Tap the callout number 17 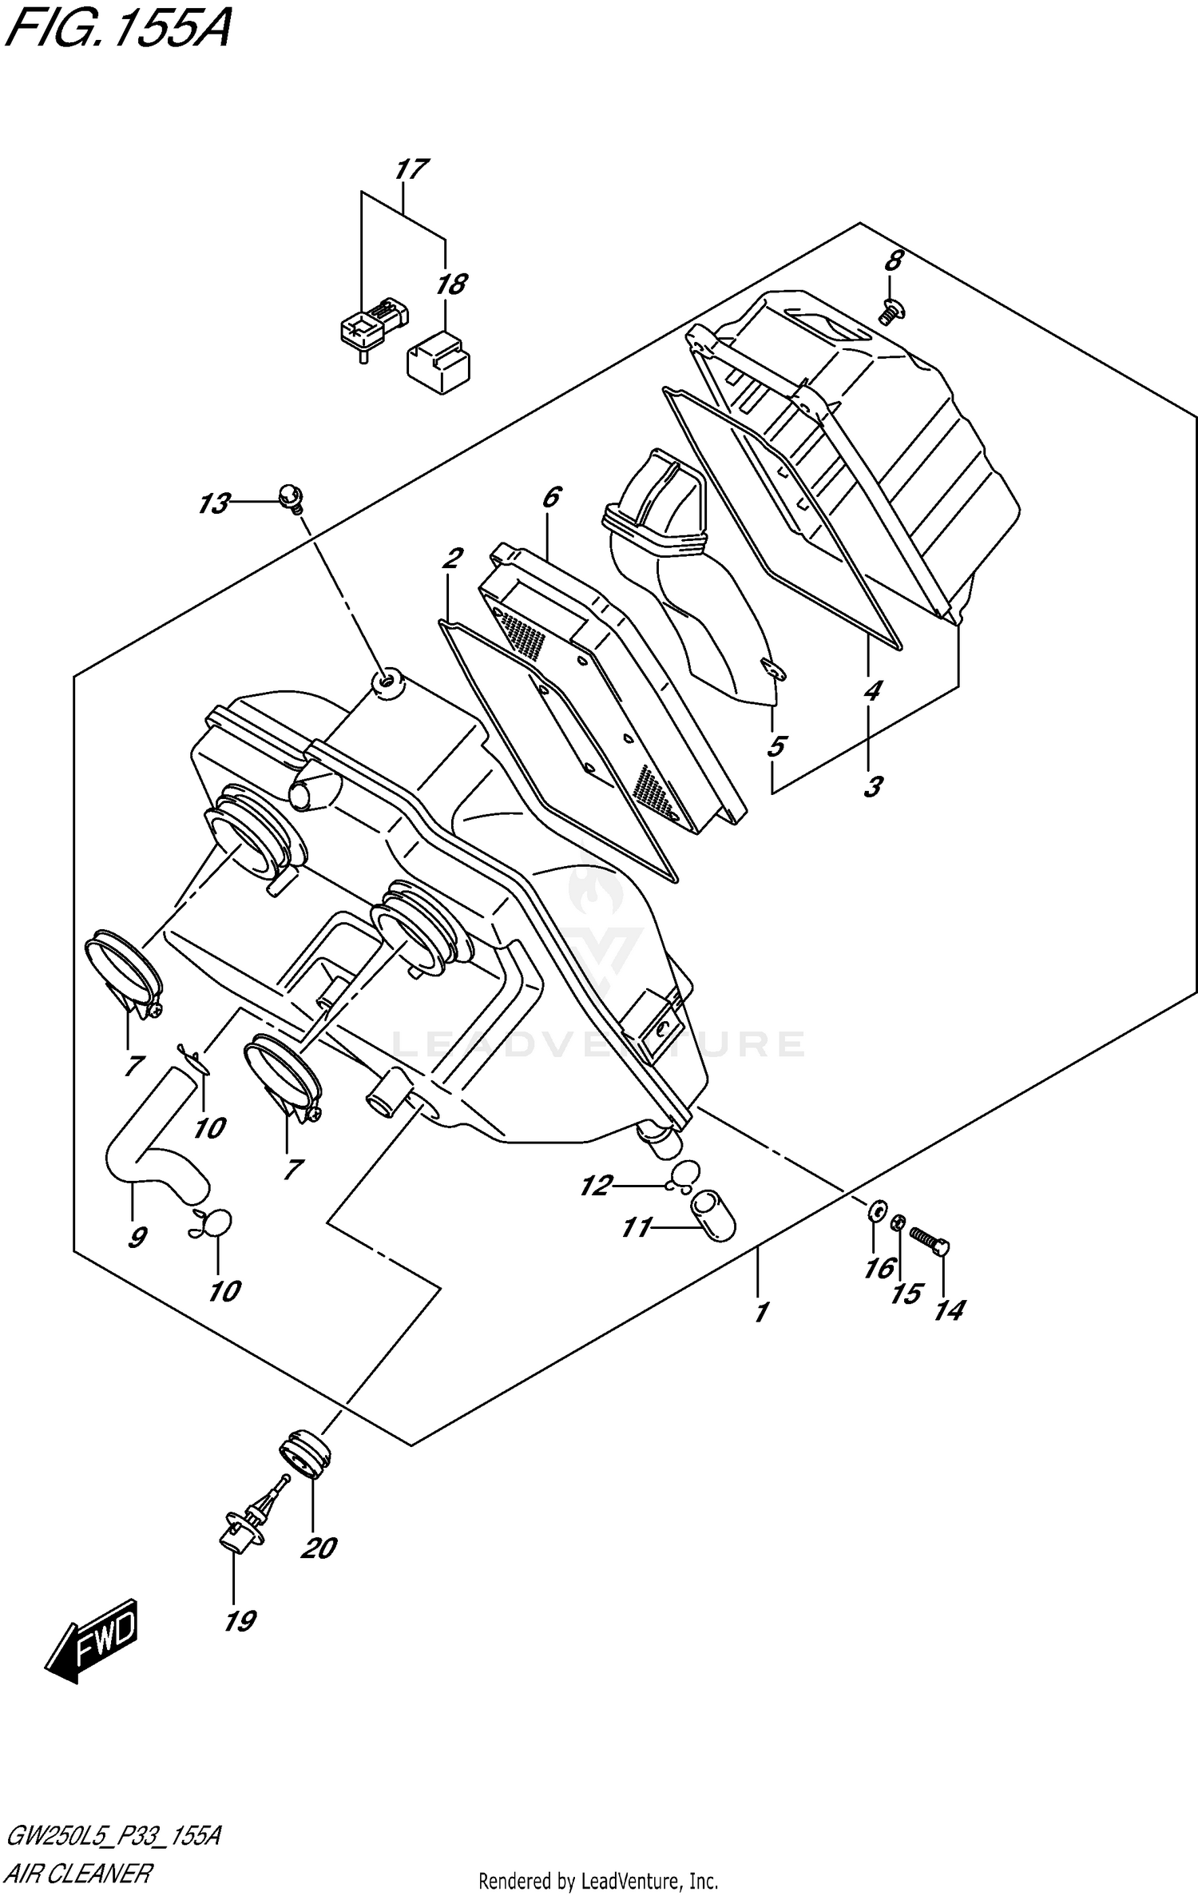[x=411, y=169]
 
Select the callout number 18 [x=451, y=284]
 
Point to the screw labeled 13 [x=289, y=499]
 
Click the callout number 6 [x=551, y=497]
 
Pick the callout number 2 [x=452, y=558]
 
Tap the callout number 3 [x=873, y=786]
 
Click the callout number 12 [x=595, y=1186]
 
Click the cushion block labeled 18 [x=438, y=364]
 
